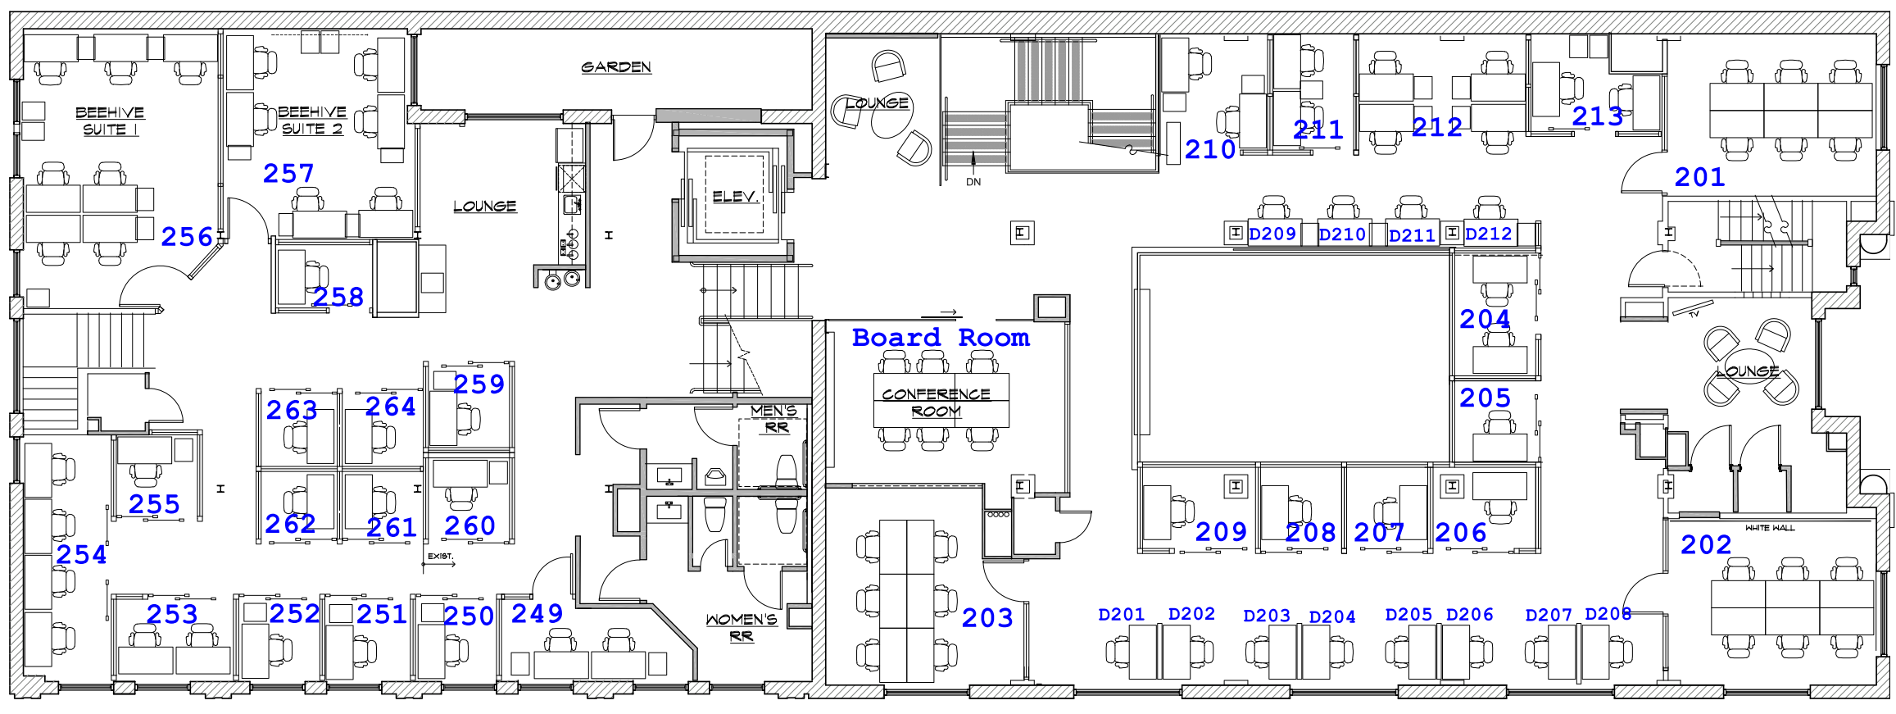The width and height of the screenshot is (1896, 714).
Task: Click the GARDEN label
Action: click(x=616, y=67)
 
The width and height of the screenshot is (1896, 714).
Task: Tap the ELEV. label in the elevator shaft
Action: click(x=735, y=197)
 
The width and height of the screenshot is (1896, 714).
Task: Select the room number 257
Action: click(x=288, y=174)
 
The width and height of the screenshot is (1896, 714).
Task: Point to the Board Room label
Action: click(x=941, y=337)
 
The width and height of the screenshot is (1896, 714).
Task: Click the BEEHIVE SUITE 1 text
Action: click(x=110, y=121)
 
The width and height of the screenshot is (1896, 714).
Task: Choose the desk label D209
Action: click(x=1272, y=234)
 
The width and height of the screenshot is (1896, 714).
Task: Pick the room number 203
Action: click(x=987, y=618)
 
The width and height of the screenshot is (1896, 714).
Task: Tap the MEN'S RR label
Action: click(x=774, y=419)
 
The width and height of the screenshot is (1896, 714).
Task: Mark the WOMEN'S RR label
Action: click(x=742, y=627)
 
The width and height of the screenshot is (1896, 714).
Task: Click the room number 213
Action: click(x=1598, y=116)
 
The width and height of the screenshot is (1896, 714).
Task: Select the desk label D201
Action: click(x=1121, y=615)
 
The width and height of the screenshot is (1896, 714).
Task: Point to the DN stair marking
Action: click(x=973, y=182)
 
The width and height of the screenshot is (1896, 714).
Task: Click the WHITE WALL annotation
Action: click(x=1770, y=528)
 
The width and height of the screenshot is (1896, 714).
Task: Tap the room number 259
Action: click(x=479, y=384)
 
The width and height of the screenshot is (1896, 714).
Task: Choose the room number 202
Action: click(x=1706, y=545)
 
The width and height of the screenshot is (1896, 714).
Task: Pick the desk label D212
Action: click(x=1488, y=234)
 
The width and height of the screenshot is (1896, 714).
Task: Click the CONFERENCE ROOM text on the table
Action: click(x=937, y=402)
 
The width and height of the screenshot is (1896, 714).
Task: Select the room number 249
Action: click(x=538, y=614)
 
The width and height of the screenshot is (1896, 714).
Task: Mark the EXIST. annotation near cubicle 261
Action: click(x=440, y=557)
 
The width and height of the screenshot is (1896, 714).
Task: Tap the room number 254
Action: click(x=81, y=555)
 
